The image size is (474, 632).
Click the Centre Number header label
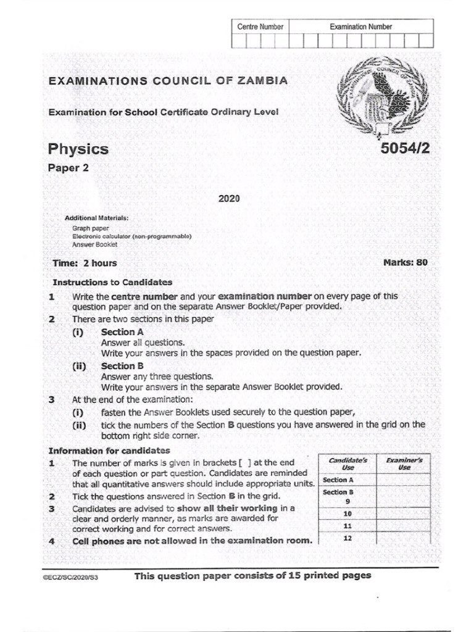coord(260,27)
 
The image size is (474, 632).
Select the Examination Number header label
coord(360,27)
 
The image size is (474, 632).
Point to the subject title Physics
coord(78,149)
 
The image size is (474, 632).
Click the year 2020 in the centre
coord(228,199)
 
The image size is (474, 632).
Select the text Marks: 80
coord(405,262)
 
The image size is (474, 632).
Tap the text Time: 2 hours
coord(85,263)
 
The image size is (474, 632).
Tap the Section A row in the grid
coord(338,480)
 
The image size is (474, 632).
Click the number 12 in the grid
coord(347,538)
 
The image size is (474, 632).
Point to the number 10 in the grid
coord(347,513)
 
